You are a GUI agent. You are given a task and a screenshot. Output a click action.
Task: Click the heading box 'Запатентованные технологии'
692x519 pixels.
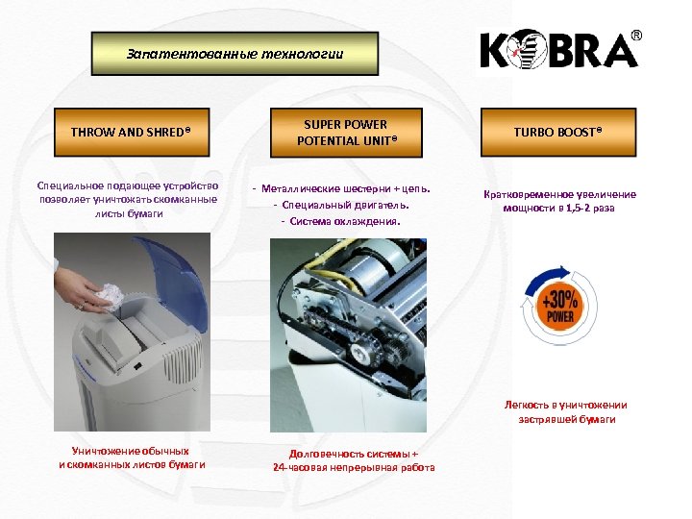coord(235,54)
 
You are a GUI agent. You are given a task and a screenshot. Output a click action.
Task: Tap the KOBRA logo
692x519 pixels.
coord(558,49)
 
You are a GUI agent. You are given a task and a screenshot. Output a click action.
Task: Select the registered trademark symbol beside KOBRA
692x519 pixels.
coord(635,36)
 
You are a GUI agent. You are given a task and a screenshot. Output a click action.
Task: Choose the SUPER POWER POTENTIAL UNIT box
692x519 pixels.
coord(346,133)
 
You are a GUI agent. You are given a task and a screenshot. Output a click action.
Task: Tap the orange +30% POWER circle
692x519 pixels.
coord(561,307)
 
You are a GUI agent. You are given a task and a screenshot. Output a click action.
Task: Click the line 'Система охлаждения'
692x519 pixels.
coord(340,221)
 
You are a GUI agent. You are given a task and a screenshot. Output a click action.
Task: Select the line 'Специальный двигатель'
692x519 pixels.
coord(341,204)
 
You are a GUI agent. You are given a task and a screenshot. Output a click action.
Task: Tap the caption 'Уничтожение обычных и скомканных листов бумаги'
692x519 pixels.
coord(132,457)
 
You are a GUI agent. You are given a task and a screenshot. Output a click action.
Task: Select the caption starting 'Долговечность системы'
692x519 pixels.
coord(353,460)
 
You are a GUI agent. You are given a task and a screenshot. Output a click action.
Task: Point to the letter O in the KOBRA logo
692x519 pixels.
coord(527,51)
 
